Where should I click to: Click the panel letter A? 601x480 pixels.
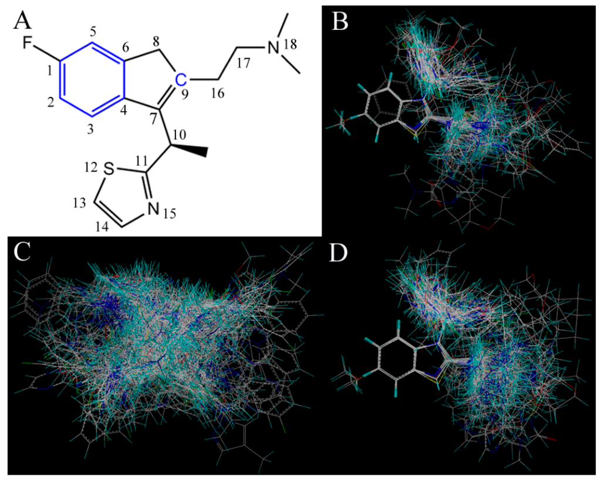22,22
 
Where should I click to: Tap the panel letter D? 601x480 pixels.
340,252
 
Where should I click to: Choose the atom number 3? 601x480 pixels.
90,130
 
